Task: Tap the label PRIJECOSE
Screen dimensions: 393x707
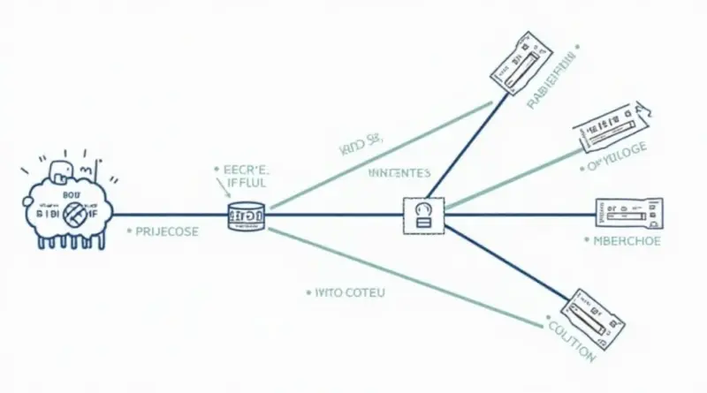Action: pyautogui.click(x=166, y=232)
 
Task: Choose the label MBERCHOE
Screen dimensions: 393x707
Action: pyautogui.click(x=627, y=240)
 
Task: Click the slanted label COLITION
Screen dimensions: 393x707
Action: pyautogui.click(x=571, y=340)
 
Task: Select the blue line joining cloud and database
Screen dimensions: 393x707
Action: pyautogui.click(x=168, y=215)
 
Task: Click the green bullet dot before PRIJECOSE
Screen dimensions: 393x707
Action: pyautogui.click(x=130, y=232)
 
